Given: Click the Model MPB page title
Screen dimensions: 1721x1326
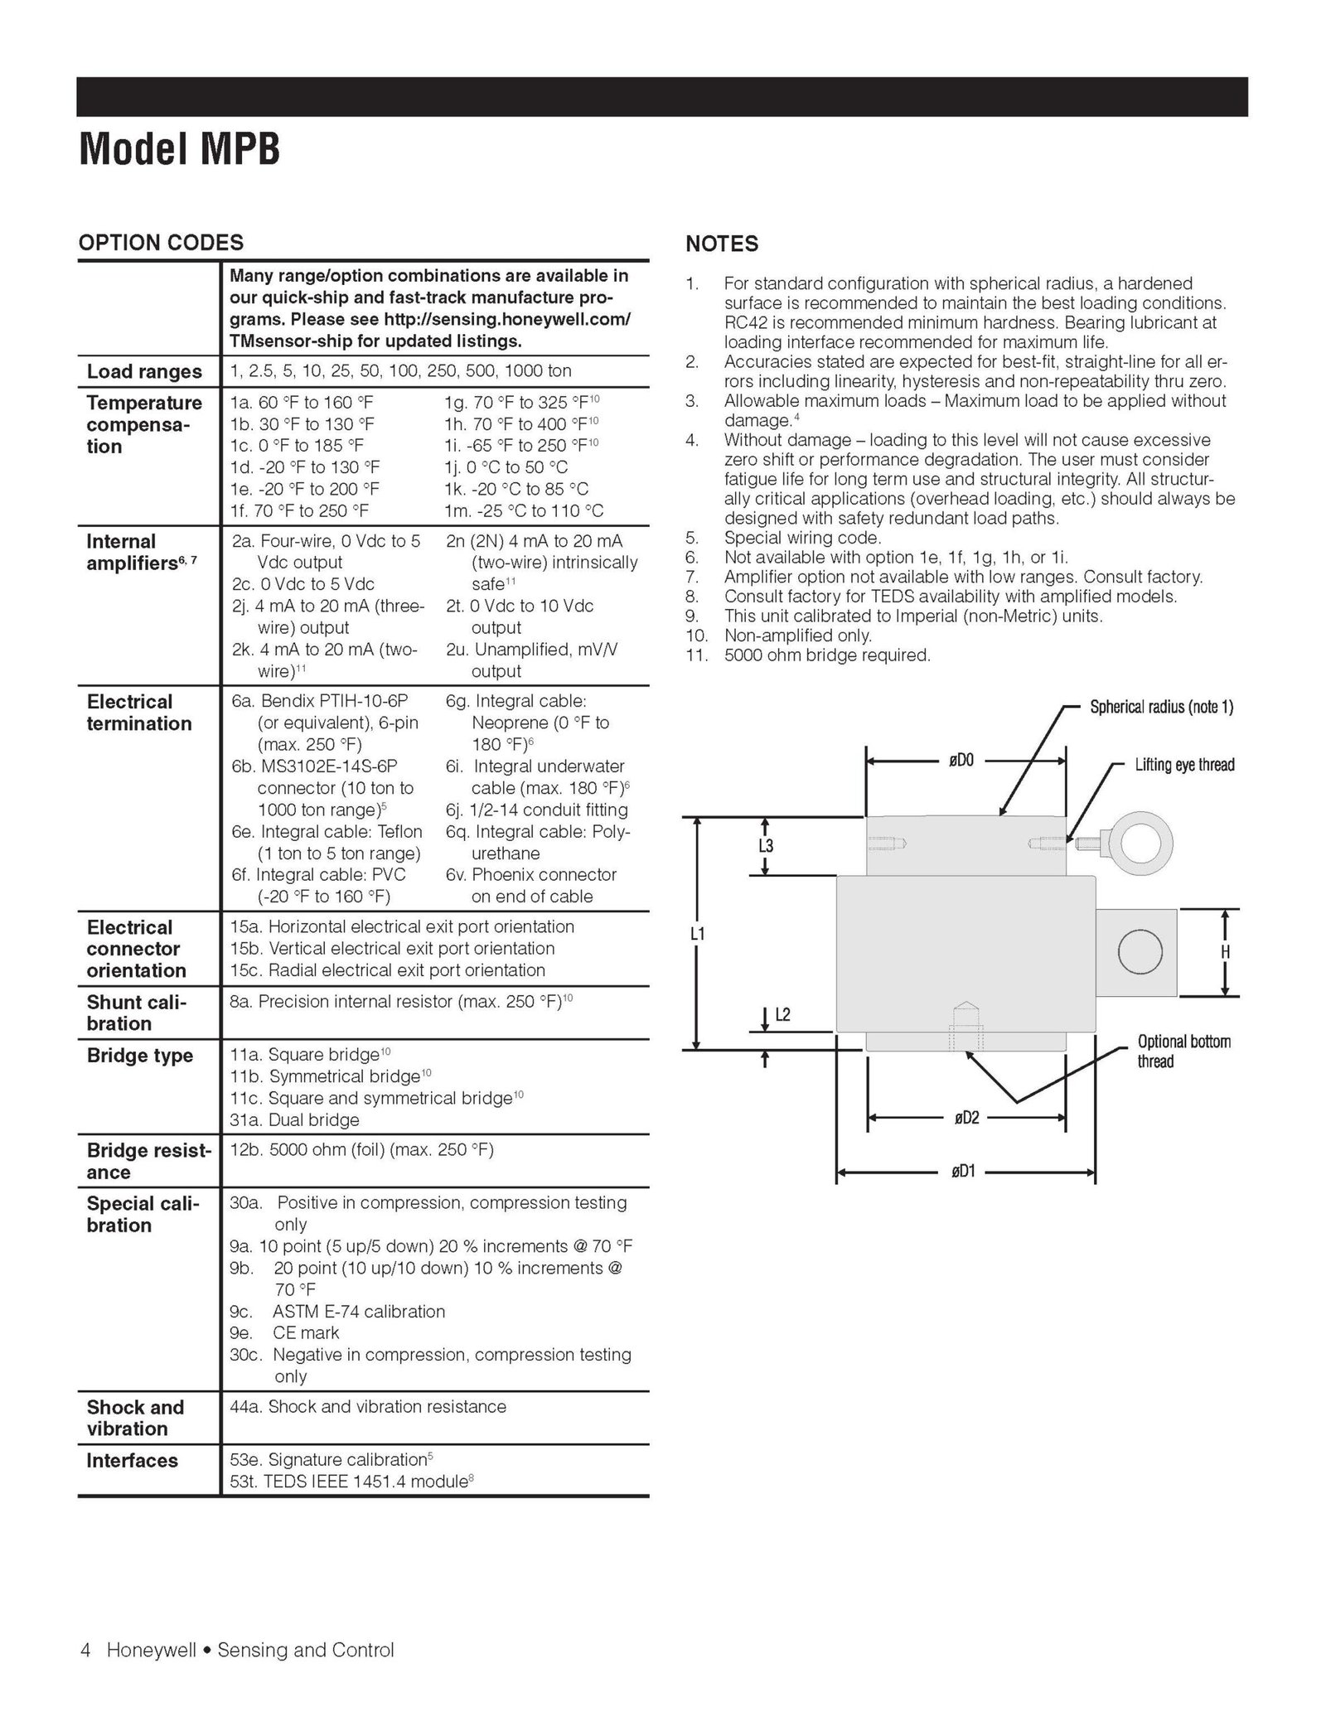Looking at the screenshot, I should tap(179, 150).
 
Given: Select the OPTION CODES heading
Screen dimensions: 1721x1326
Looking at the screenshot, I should tap(161, 243).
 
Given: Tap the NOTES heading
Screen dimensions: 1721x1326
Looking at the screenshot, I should tap(721, 244).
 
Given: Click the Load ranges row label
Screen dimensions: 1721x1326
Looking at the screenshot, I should tap(144, 371).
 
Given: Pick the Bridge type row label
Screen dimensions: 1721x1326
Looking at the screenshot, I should tap(139, 1056).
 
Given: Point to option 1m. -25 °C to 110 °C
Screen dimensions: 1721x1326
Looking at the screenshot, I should tap(524, 510).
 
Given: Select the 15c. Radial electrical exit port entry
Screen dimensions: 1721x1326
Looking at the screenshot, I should tap(387, 970).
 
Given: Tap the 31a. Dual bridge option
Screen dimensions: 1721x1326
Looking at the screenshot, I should tap(294, 1120).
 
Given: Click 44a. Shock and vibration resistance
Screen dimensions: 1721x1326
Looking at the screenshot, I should tap(367, 1406).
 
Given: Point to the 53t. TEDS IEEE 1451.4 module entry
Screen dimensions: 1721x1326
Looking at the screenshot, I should tap(351, 1482).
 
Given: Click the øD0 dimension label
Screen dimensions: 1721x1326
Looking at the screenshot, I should tap(961, 760).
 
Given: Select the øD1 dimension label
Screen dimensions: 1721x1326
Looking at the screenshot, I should tap(962, 1172).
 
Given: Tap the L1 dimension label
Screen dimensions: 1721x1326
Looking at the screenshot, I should tap(698, 934).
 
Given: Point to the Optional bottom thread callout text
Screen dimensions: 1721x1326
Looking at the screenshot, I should tap(1183, 1051).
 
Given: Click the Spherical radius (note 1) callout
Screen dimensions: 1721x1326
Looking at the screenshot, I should tap(1160, 707).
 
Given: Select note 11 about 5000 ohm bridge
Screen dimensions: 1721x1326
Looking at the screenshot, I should tap(827, 655).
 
